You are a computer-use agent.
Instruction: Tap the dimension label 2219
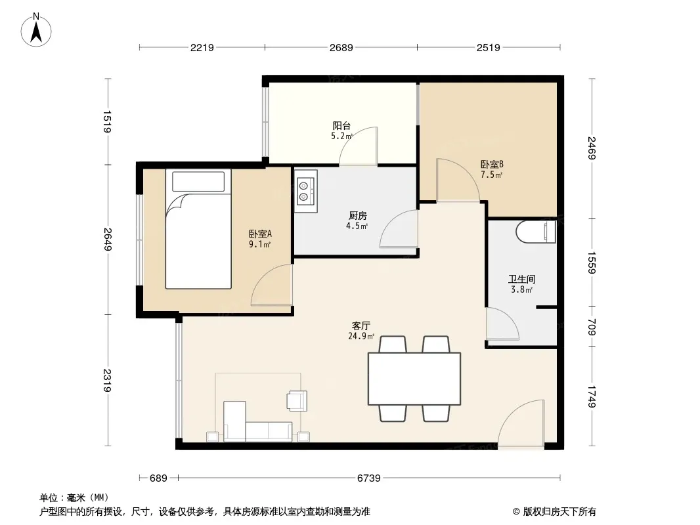(202, 47)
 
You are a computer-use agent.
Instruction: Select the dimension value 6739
(369, 478)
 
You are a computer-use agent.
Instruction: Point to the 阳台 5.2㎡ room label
(341, 131)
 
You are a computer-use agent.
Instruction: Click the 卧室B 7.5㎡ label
(492, 169)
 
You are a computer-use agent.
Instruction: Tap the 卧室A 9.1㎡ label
(260, 239)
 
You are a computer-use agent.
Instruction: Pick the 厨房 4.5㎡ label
(357, 220)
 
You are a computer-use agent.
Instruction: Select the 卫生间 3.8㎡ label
(521, 284)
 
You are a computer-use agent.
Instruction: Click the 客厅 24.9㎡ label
(361, 331)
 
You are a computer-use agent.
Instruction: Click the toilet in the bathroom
(535, 232)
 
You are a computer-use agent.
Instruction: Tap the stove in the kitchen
(306, 191)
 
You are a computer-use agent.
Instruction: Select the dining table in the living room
(414, 379)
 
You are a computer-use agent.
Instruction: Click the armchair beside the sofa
(297, 400)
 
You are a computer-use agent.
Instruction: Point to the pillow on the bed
(198, 182)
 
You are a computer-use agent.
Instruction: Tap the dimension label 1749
(592, 396)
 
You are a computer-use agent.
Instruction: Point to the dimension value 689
(158, 478)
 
